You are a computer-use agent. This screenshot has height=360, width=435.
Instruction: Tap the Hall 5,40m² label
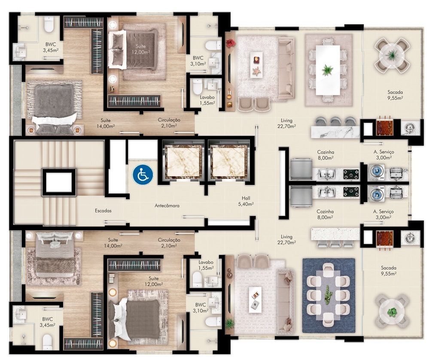pos(246,201)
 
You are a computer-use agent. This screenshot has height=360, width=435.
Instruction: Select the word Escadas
pos(103,211)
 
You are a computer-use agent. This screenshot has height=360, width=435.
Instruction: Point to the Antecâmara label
pos(167,206)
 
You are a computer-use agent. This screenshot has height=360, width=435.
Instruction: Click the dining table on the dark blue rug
pos(329,295)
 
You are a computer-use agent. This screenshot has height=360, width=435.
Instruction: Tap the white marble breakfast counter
pos(335,132)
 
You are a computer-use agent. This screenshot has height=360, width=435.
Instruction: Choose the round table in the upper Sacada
pos(392,54)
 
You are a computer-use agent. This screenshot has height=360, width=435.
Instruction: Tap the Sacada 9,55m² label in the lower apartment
pos(388,270)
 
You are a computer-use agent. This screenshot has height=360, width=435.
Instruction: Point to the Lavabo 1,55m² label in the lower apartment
pos(206,265)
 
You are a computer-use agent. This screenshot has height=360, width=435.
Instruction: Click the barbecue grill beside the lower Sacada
pos(384,238)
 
